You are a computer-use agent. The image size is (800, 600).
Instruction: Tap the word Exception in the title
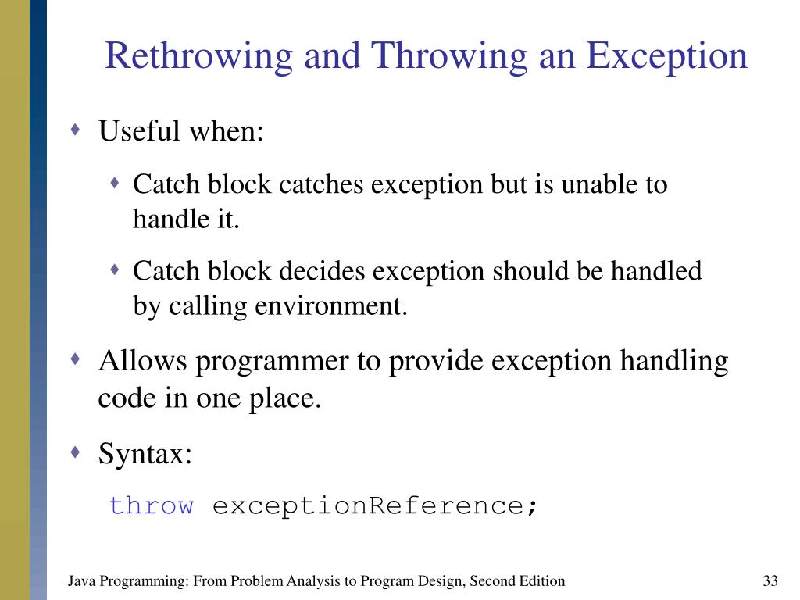coord(667,57)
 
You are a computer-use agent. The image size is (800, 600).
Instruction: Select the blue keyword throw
coord(152,505)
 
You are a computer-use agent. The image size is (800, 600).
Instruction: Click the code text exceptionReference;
coord(376,505)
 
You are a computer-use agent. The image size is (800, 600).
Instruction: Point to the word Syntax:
coord(145,453)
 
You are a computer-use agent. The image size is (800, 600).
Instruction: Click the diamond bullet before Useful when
coord(75,129)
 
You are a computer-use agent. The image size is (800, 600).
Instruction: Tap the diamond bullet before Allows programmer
coord(75,359)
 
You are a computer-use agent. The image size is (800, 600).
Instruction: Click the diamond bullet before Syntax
coord(75,452)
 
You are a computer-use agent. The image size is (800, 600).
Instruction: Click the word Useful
coord(137,131)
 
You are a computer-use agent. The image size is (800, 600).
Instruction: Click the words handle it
coord(185,220)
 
